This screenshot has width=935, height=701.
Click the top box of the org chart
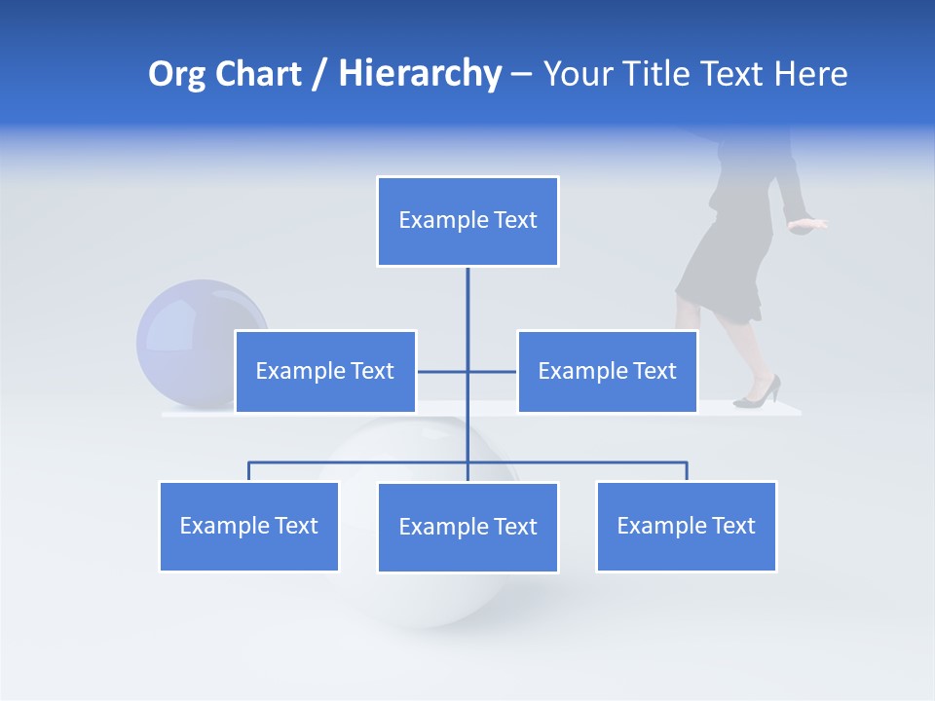pos(467,221)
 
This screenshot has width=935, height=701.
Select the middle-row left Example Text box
pos(325,371)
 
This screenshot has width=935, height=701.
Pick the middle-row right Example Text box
pos(607,371)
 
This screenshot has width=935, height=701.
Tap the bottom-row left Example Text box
pos(248,526)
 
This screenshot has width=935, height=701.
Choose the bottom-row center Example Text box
pos(467,527)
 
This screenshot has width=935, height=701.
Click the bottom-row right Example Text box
pos(686,526)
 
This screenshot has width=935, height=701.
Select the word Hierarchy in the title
pos(420,75)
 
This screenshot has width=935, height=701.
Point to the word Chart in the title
pos(260,75)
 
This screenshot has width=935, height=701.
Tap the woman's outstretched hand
pos(808,225)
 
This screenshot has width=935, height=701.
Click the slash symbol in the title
pos(318,75)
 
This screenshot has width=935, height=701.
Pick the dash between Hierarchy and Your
pos(521,75)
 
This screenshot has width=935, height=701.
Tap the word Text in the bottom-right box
pos(732,526)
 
